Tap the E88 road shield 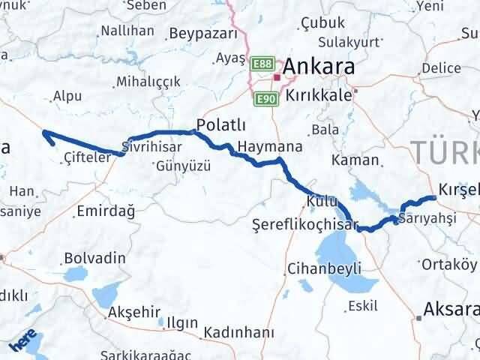[262, 65]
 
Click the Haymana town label [259, 145]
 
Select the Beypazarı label [203, 34]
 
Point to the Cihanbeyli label [324, 268]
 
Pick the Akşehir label [135, 312]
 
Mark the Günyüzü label [183, 165]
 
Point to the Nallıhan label [127, 31]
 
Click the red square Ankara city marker [277, 76]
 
